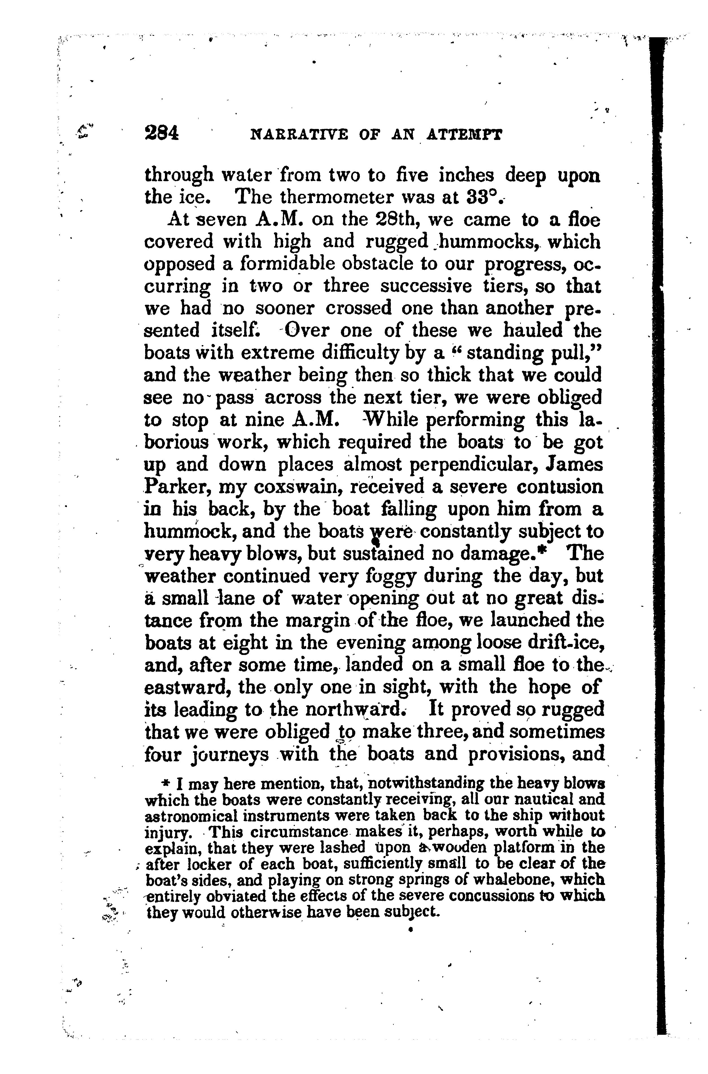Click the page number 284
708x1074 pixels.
[x=162, y=134]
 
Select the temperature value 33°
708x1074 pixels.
[x=481, y=196]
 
